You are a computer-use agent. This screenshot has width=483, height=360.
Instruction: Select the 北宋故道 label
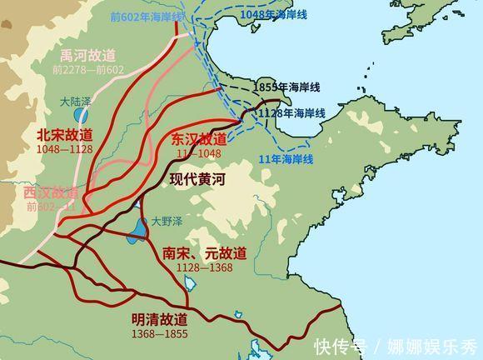(65, 134)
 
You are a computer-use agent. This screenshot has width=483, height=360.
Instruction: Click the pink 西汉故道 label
(52, 192)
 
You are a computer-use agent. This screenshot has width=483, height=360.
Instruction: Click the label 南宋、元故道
(206, 252)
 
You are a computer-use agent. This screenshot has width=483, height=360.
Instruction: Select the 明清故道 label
(159, 319)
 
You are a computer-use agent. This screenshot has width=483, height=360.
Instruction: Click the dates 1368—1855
(159, 333)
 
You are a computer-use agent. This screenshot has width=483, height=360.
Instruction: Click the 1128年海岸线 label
(291, 112)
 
